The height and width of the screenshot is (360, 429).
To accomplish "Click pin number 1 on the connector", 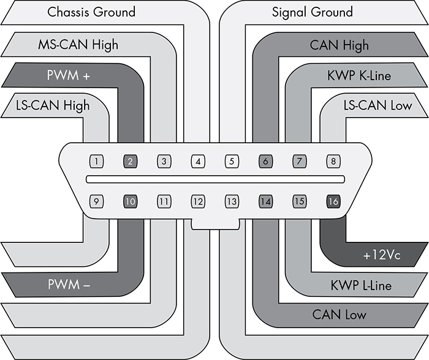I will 96,162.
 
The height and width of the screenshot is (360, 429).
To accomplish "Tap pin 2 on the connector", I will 130,162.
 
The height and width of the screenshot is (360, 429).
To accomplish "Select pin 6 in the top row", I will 265,162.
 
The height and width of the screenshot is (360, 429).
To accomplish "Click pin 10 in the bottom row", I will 130,200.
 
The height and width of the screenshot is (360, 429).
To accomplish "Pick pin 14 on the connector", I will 265,200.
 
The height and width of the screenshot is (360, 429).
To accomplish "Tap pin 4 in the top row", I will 197,162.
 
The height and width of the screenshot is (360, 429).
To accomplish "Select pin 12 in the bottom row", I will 197,200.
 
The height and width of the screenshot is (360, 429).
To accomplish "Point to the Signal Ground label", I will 313,12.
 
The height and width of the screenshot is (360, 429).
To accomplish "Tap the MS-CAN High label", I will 78,45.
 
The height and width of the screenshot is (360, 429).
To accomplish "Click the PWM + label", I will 68,76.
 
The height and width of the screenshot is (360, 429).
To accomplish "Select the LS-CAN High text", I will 53,105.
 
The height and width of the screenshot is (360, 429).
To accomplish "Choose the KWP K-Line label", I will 359,76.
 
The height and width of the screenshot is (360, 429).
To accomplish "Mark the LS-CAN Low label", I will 378,105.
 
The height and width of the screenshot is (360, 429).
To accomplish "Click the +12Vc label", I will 381,255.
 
